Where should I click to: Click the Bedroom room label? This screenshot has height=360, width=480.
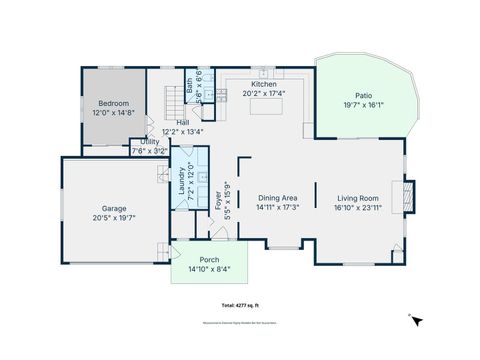(113, 102)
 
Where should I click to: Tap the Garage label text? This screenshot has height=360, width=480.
(113, 208)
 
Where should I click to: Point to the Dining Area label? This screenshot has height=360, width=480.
(277, 198)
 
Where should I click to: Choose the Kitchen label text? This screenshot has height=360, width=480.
(264, 85)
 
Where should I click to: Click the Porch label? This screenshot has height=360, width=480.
(209, 259)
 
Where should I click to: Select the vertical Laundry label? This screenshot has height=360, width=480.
(182, 180)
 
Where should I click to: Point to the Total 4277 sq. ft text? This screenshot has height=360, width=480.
(240, 303)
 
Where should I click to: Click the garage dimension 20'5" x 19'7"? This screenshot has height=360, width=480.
(113, 217)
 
